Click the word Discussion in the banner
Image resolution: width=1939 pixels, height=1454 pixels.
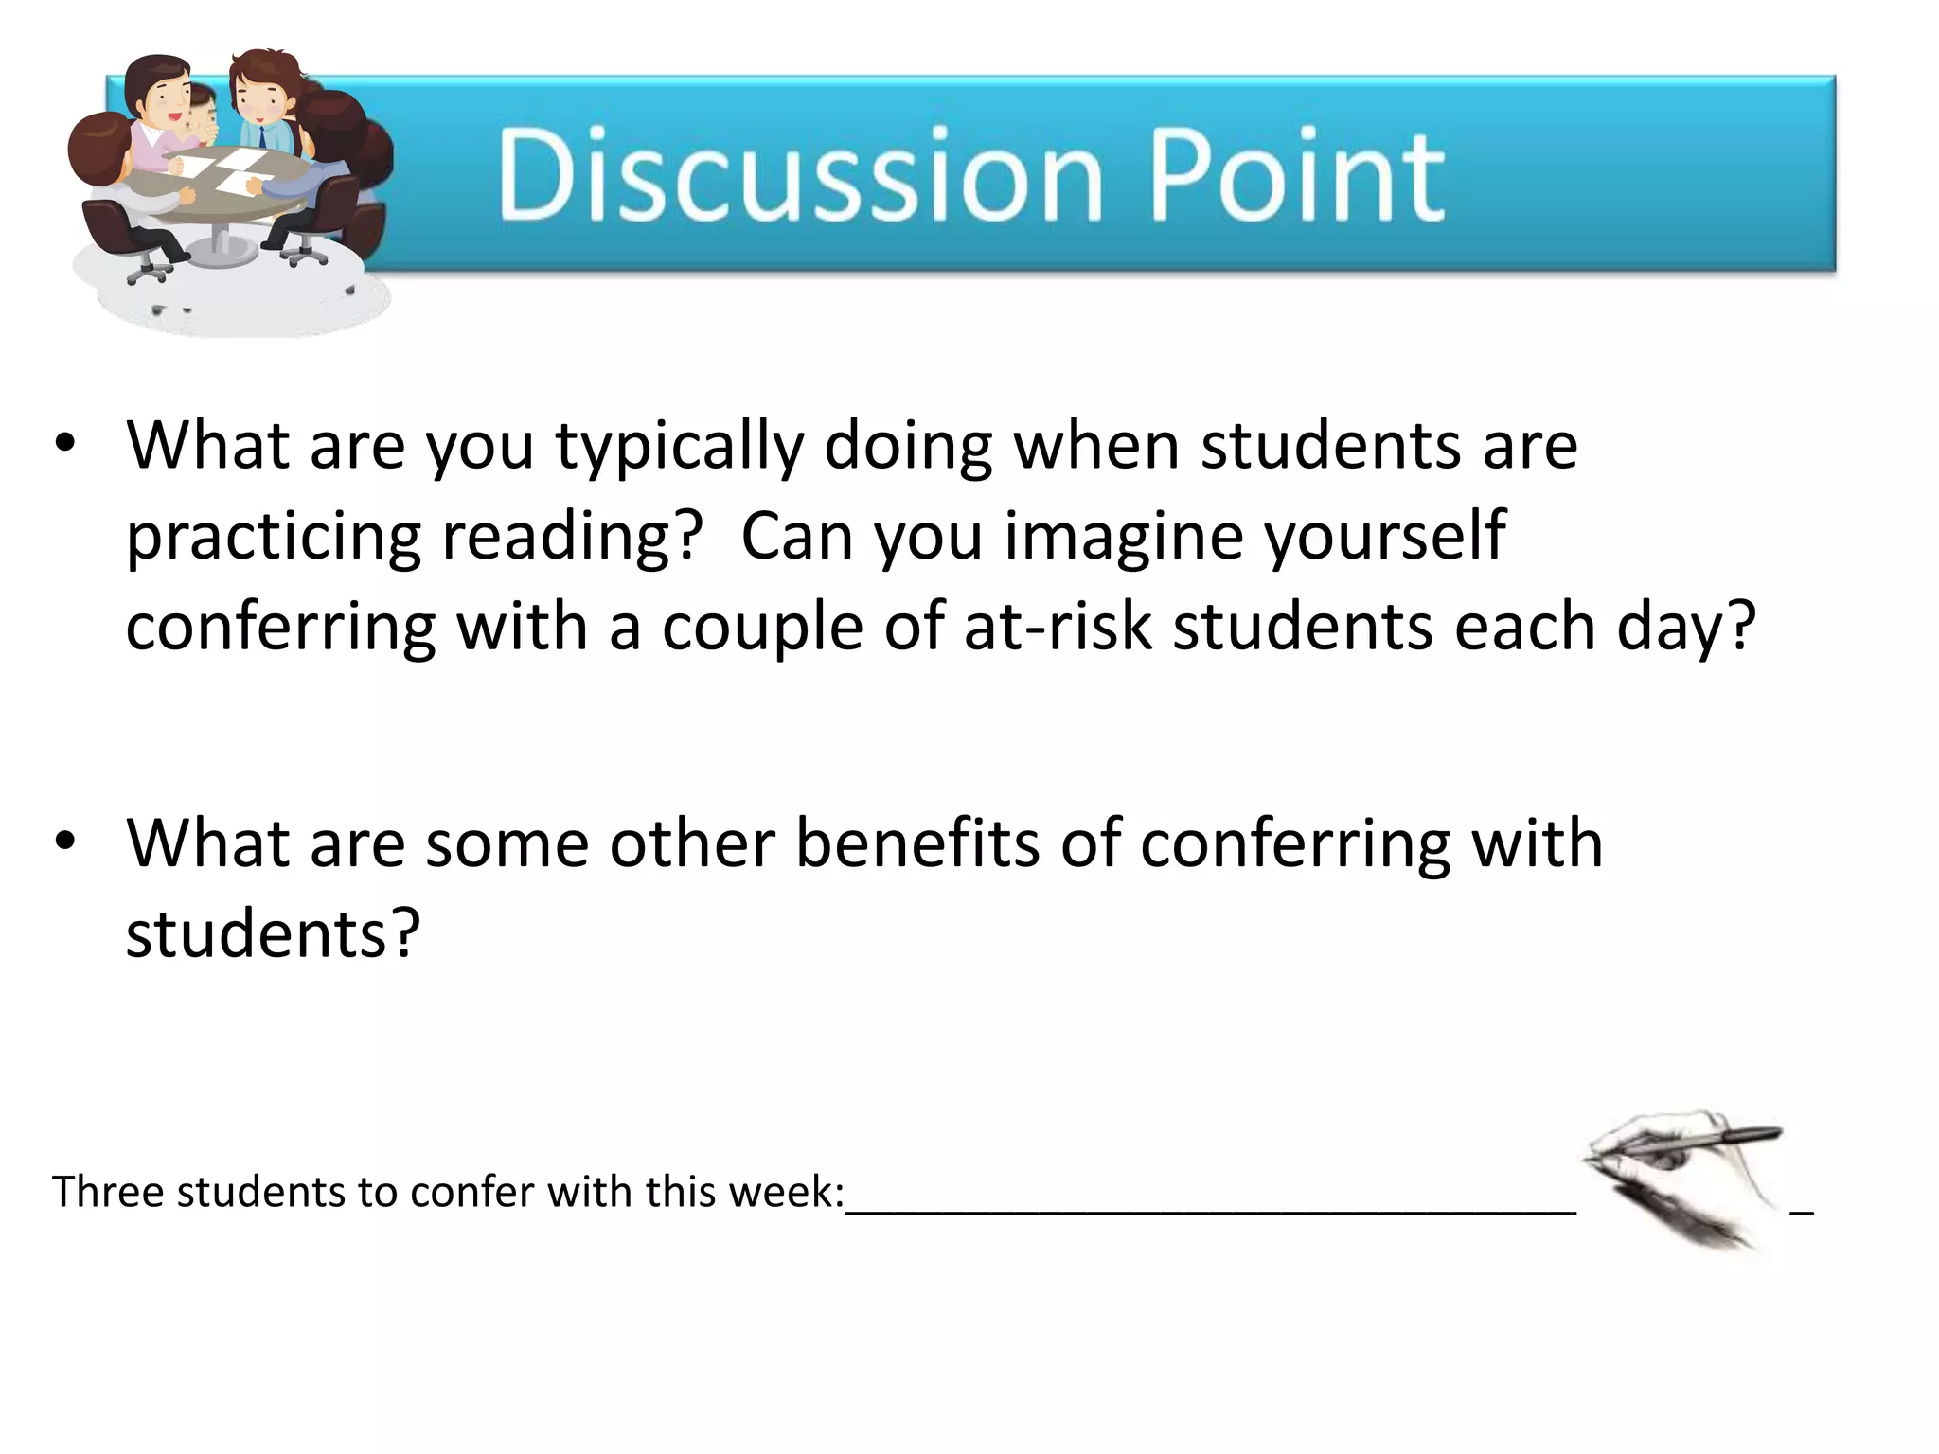pos(800,175)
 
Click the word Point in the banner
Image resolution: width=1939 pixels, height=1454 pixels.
pos(1297,175)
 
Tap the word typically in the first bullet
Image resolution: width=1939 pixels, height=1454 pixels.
pos(678,447)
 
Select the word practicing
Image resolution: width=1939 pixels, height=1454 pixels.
pos(273,538)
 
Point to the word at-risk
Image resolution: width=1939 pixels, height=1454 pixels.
pos(1058,627)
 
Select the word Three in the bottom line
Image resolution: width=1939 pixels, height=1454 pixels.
pos(107,1192)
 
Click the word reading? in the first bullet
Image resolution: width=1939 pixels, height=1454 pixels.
pos(572,538)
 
